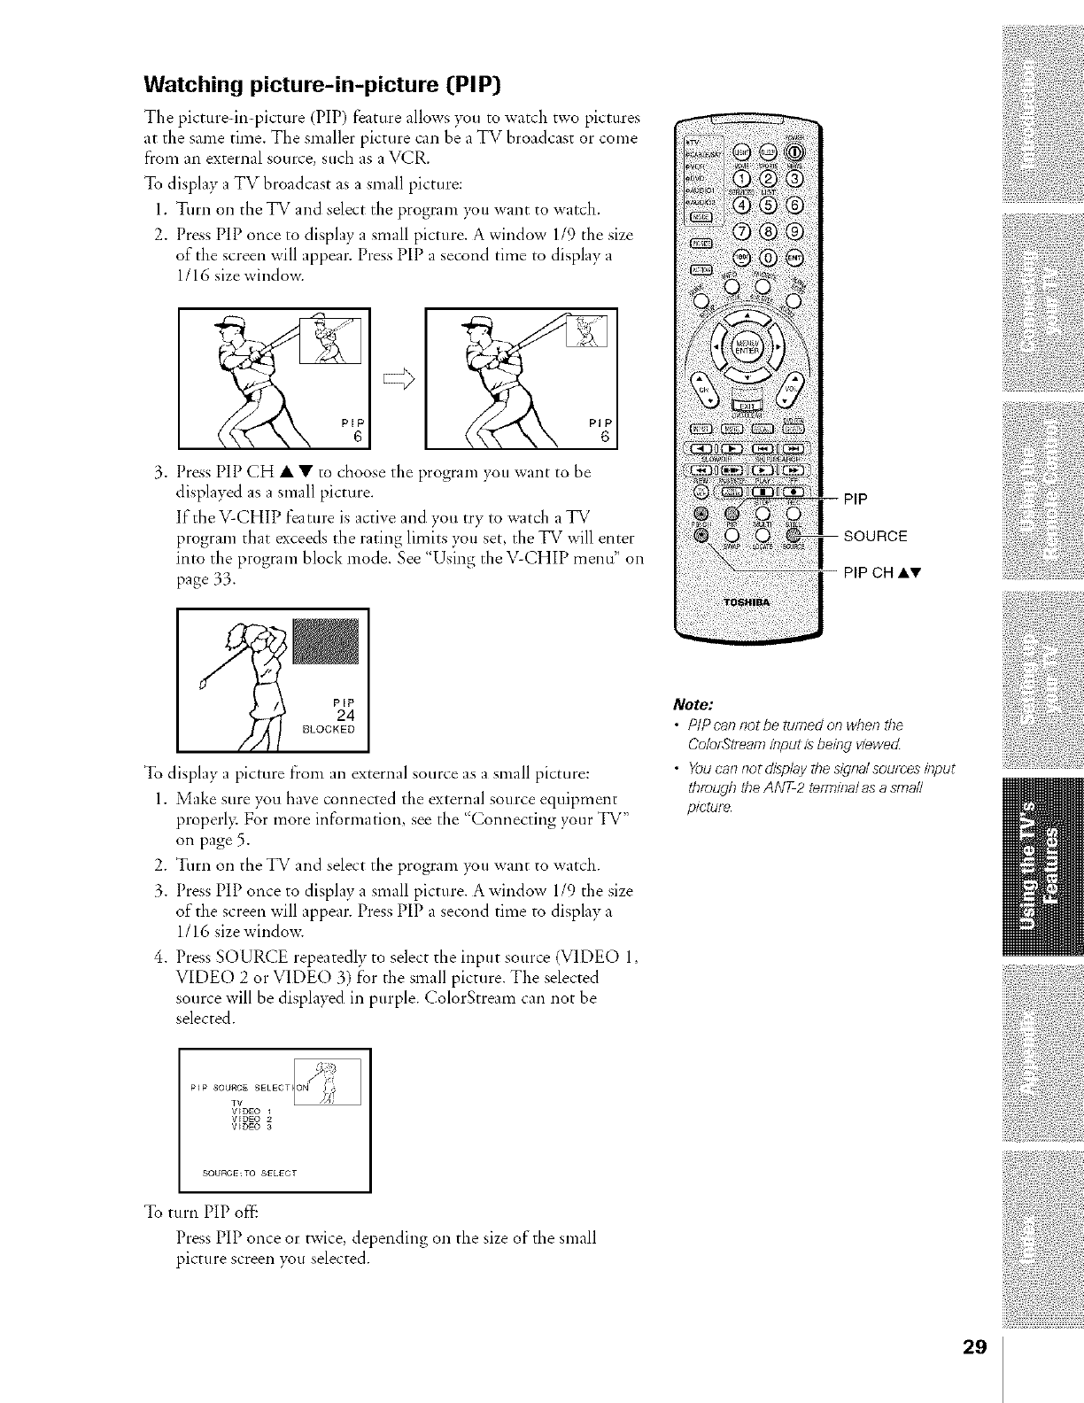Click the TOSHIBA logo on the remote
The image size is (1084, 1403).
click(749, 603)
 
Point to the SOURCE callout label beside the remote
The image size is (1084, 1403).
click(875, 536)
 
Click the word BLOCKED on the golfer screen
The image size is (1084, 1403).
click(329, 730)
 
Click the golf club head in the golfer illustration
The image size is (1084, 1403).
click(202, 684)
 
